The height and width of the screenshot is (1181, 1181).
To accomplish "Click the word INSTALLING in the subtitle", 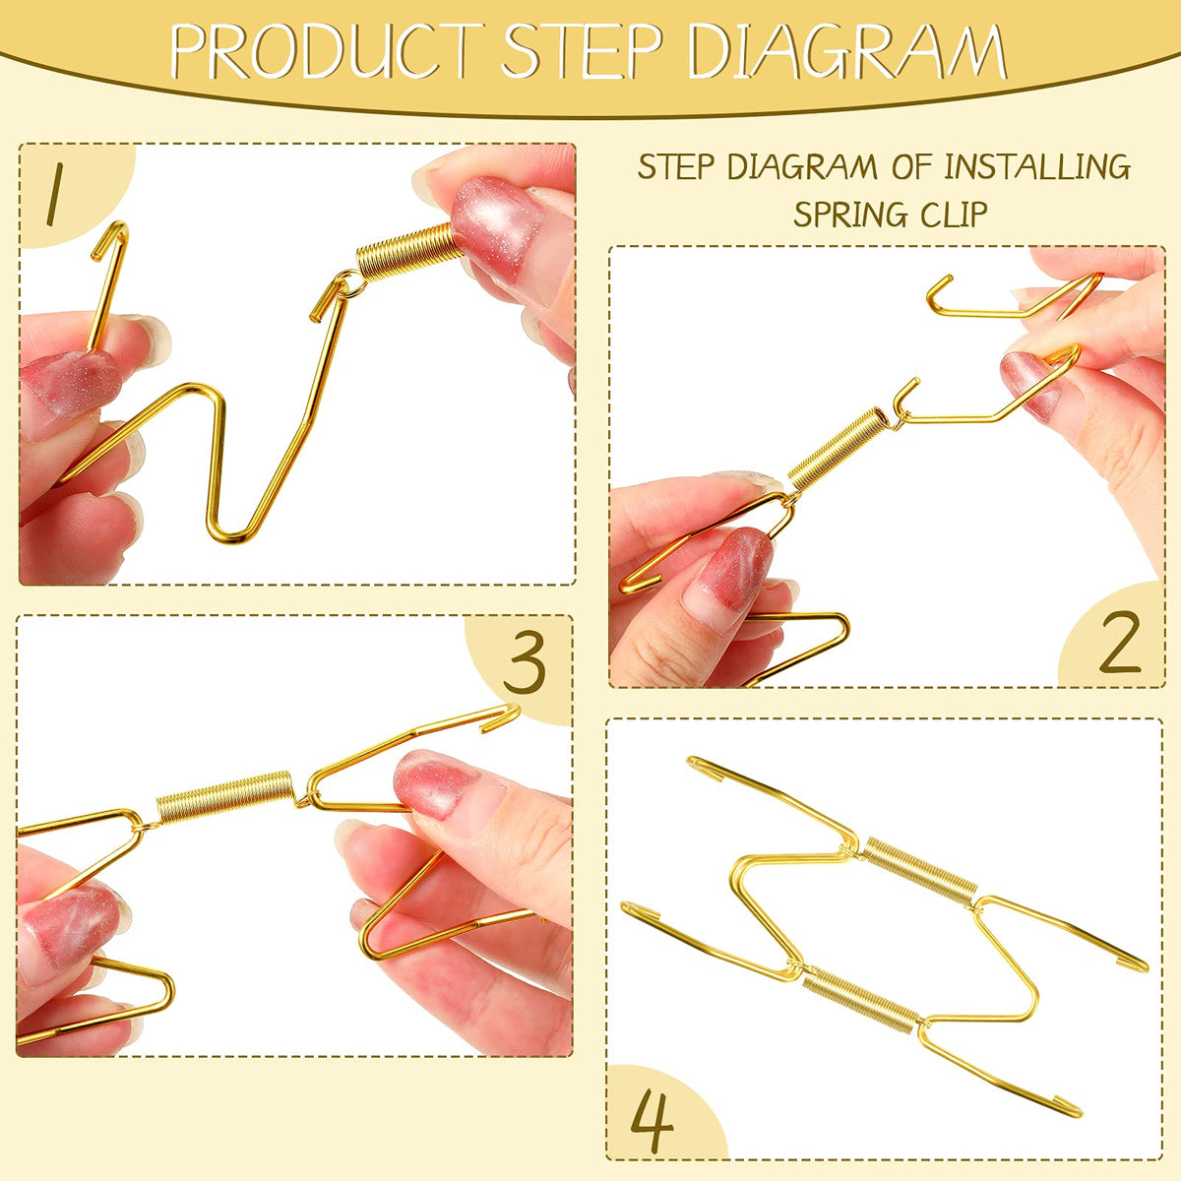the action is point(1035,166).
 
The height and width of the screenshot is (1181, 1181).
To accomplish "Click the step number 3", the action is point(524,663).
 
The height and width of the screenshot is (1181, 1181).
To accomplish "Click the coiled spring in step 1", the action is point(408,253).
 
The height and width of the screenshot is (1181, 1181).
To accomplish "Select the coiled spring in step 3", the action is point(225,796).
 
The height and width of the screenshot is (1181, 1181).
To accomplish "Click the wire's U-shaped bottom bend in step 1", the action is point(231,532).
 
